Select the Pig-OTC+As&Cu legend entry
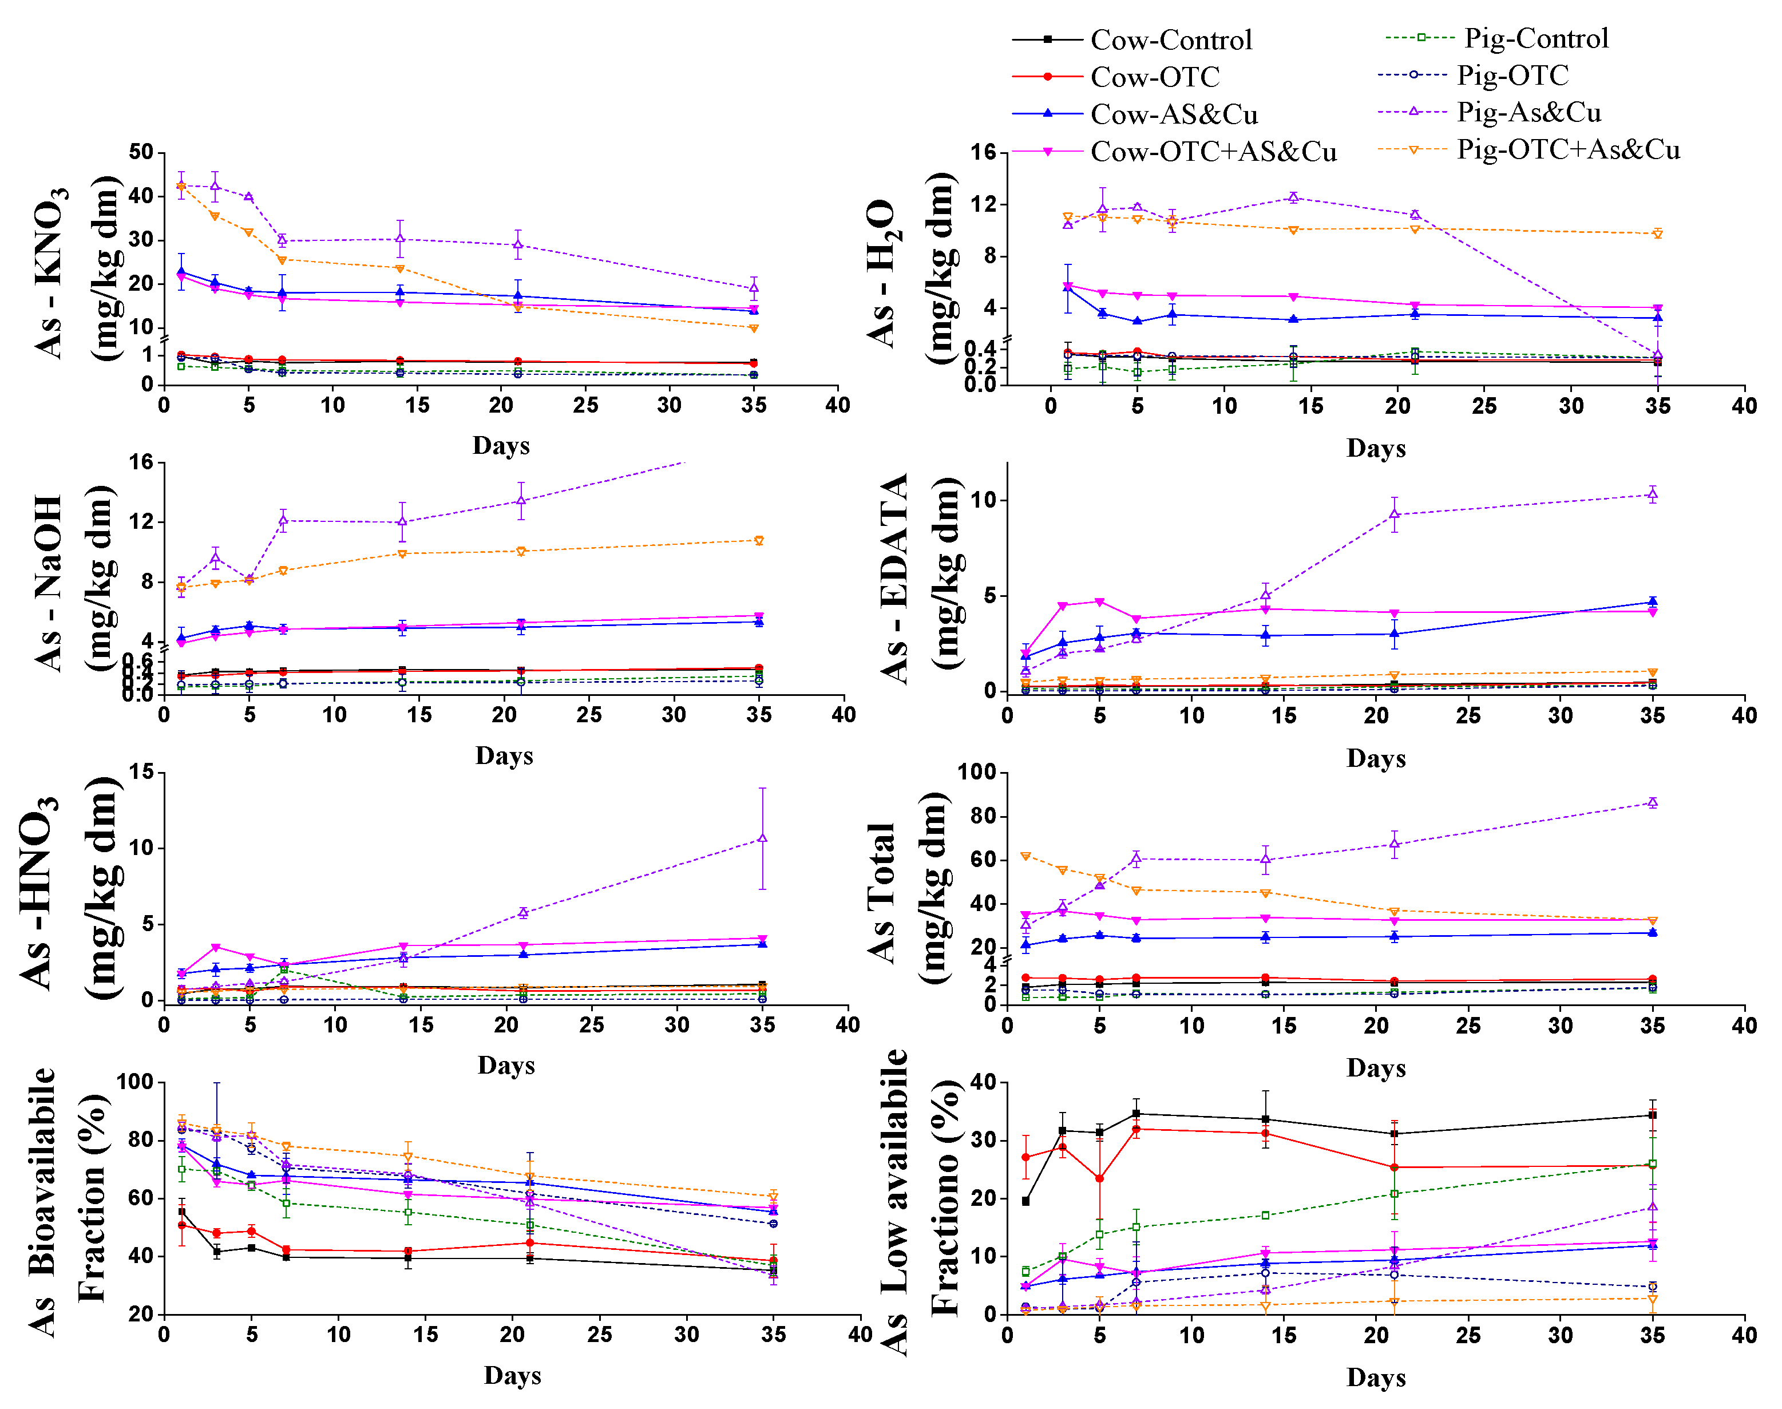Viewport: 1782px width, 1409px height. (x=1567, y=149)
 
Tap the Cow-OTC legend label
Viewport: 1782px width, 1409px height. (x=1154, y=77)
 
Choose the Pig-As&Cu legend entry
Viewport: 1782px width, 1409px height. (x=1528, y=112)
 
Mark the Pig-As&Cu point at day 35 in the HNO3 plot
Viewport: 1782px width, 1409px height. (x=762, y=838)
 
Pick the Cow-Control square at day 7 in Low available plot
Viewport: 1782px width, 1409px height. (x=1136, y=1114)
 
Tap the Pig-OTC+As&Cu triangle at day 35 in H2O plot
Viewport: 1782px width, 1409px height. (x=1657, y=233)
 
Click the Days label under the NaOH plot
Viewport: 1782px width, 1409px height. (x=504, y=755)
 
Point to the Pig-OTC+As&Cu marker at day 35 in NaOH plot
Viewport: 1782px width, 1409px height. (x=759, y=540)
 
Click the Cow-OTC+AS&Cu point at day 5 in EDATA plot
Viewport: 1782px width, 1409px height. (x=1100, y=602)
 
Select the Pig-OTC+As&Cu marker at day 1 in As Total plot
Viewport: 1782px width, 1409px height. (x=1025, y=856)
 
